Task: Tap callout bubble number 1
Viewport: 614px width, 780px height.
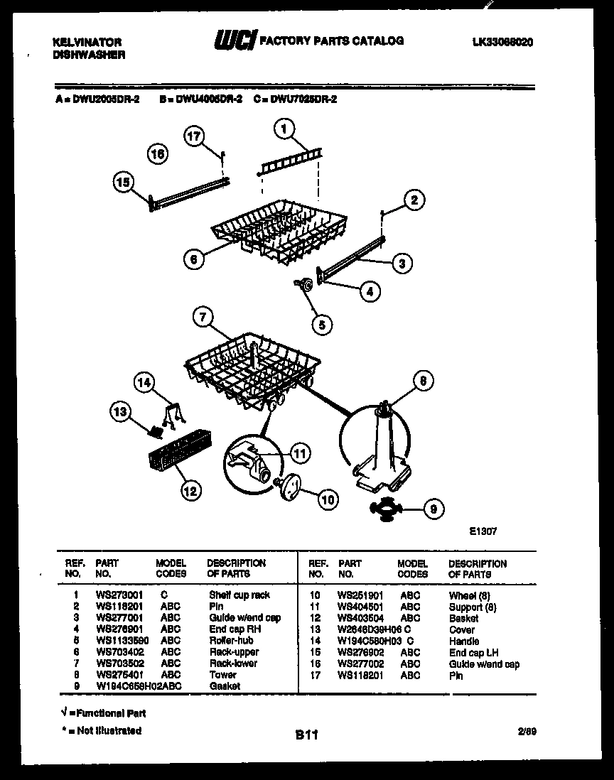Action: pyautogui.click(x=284, y=129)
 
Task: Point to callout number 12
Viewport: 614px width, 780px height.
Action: pyautogui.click(x=190, y=489)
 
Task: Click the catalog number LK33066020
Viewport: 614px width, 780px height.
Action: pyautogui.click(x=502, y=43)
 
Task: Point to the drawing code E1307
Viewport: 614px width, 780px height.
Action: pyautogui.click(x=483, y=529)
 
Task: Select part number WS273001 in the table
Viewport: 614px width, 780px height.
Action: pyautogui.click(x=119, y=595)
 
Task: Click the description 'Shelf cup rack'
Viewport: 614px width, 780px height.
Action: pyautogui.click(x=239, y=595)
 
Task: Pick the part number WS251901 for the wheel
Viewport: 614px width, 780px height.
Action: pyautogui.click(x=360, y=595)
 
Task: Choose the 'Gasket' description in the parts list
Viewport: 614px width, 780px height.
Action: pyautogui.click(x=225, y=686)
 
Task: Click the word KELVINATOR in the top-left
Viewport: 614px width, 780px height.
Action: pyautogui.click(x=87, y=43)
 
